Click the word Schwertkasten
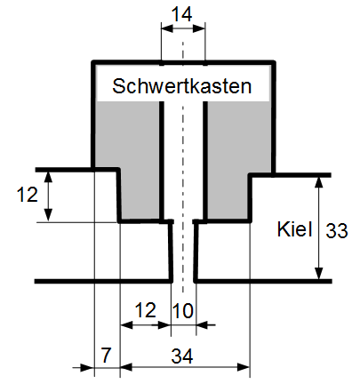[182, 86]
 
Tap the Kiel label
[294, 229]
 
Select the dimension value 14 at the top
[181, 14]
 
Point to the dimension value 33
[337, 231]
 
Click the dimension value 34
[182, 356]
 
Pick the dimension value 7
[106, 355]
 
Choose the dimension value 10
[183, 311]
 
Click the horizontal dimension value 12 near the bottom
[145, 310]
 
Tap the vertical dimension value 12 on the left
[28, 195]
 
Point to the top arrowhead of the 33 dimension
[318, 183]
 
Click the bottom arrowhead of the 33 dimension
[318, 273]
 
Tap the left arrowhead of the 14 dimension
[167, 28]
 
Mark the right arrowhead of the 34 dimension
[244, 367]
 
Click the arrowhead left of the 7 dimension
[87, 368]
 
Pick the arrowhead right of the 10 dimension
[203, 325]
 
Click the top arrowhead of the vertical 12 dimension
[48, 178]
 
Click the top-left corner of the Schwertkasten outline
[93, 62]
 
